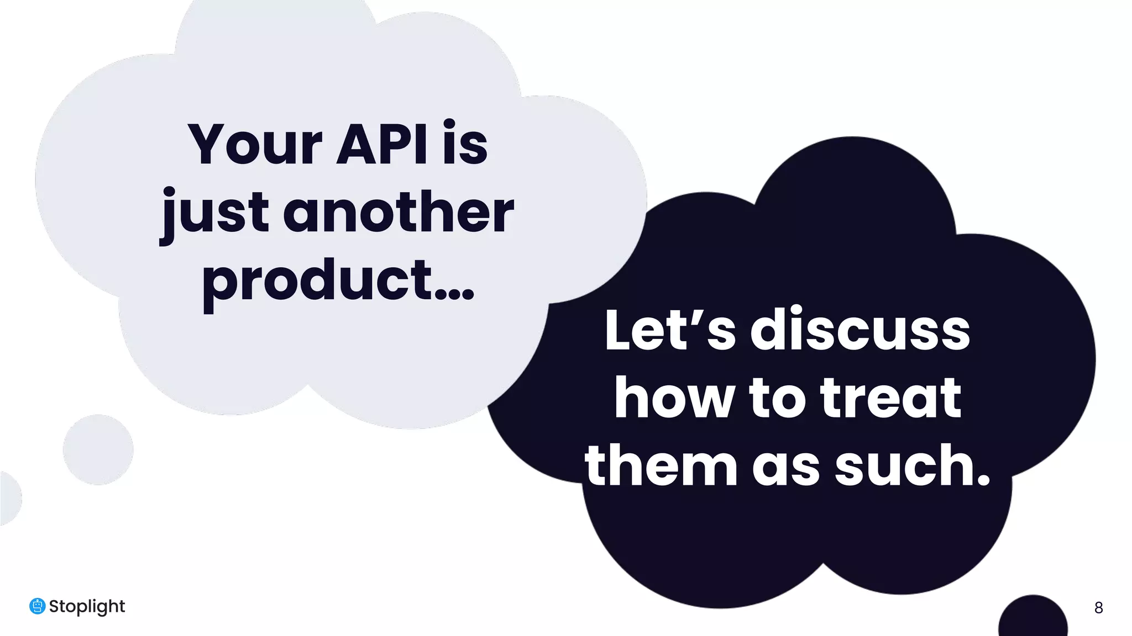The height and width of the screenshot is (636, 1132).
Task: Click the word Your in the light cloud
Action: click(255, 145)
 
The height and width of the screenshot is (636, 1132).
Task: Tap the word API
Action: click(381, 145)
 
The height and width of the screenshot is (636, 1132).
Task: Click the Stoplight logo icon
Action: click(37, 606)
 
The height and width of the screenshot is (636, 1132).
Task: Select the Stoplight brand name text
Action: click(87, 607)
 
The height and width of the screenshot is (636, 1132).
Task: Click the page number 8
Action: click(1098, 608)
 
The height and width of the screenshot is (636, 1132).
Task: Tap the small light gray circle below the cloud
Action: click(98, 449)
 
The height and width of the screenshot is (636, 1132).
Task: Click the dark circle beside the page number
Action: click(1033, 617)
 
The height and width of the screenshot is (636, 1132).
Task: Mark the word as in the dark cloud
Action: click(785, 467)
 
